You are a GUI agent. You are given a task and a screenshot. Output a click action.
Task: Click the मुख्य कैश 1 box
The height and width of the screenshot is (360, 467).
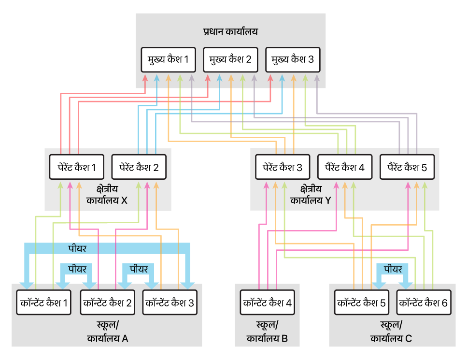pos(168,59)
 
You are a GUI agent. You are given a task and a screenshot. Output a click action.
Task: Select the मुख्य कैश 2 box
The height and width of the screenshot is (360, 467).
pos(230,59)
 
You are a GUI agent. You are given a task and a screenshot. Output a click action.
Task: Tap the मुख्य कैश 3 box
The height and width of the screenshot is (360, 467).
pos(293,59)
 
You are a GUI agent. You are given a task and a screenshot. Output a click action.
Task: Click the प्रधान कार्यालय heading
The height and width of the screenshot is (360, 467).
pos(230,31)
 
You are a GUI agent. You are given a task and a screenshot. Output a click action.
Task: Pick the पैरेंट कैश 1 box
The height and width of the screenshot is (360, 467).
pos(76,167)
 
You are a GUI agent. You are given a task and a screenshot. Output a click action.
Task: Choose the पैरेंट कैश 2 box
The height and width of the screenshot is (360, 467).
pos(139,167)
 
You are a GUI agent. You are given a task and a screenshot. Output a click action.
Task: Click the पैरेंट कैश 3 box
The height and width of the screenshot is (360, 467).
pos(283,167)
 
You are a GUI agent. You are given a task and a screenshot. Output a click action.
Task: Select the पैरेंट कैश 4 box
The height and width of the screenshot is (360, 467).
pos(345,167)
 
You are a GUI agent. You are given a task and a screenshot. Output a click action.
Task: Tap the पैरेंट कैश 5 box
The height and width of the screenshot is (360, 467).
pos(407,167)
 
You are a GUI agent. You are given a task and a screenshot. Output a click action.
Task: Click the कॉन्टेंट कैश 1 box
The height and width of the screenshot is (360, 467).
pos(44,302)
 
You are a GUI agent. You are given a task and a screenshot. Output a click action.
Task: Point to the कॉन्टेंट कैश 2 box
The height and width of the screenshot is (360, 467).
pos(108,302)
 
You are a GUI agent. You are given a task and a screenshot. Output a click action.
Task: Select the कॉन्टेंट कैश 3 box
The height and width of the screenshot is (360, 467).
pos(170,302)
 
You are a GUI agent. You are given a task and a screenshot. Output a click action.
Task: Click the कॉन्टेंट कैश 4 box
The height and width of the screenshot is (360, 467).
pos(268,302)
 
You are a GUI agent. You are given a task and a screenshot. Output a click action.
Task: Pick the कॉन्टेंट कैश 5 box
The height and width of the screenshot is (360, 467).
pos(362,302)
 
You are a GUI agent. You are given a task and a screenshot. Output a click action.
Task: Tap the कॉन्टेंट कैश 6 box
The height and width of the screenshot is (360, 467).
pos(424,302)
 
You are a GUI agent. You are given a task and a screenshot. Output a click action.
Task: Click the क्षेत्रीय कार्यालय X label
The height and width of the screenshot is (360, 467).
pos(107,195)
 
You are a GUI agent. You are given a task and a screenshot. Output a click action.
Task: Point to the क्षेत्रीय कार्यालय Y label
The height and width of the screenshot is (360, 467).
pos(311,195)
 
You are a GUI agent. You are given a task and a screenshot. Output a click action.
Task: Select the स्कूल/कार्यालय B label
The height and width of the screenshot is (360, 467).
pos(267,331)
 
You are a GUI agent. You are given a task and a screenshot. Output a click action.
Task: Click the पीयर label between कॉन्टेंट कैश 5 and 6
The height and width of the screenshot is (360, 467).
pos(393,269)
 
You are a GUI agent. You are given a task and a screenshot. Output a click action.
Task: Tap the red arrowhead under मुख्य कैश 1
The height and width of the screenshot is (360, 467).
pos(145,78)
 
